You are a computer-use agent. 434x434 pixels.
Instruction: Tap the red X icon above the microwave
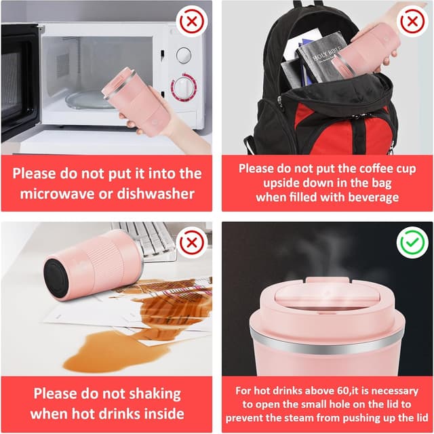(191, 21)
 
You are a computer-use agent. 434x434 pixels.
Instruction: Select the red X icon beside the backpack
(412, 21)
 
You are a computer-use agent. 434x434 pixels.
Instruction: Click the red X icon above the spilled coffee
(191, 243)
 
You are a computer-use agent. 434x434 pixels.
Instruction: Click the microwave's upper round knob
(184, 55)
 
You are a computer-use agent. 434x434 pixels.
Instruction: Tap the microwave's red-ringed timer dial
(184, 87)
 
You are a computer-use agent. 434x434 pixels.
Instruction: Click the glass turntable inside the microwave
(86, 99)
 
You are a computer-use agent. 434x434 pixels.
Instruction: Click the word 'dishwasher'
(155, 193)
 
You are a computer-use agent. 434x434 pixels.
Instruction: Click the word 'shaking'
(155, 394)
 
